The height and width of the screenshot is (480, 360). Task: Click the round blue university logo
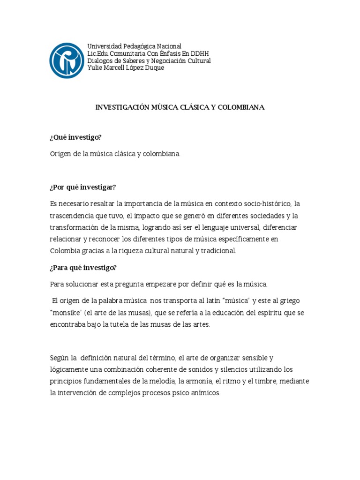(67, 60)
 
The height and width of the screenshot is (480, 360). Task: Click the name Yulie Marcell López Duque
(126, 67)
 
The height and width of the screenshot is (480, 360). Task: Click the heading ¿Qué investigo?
(75, 137)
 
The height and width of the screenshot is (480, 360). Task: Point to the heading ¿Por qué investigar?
(82, 187)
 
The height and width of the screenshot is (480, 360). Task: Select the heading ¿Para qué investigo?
(83, 268)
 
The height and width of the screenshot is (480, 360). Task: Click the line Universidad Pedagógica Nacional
(134, 46)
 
